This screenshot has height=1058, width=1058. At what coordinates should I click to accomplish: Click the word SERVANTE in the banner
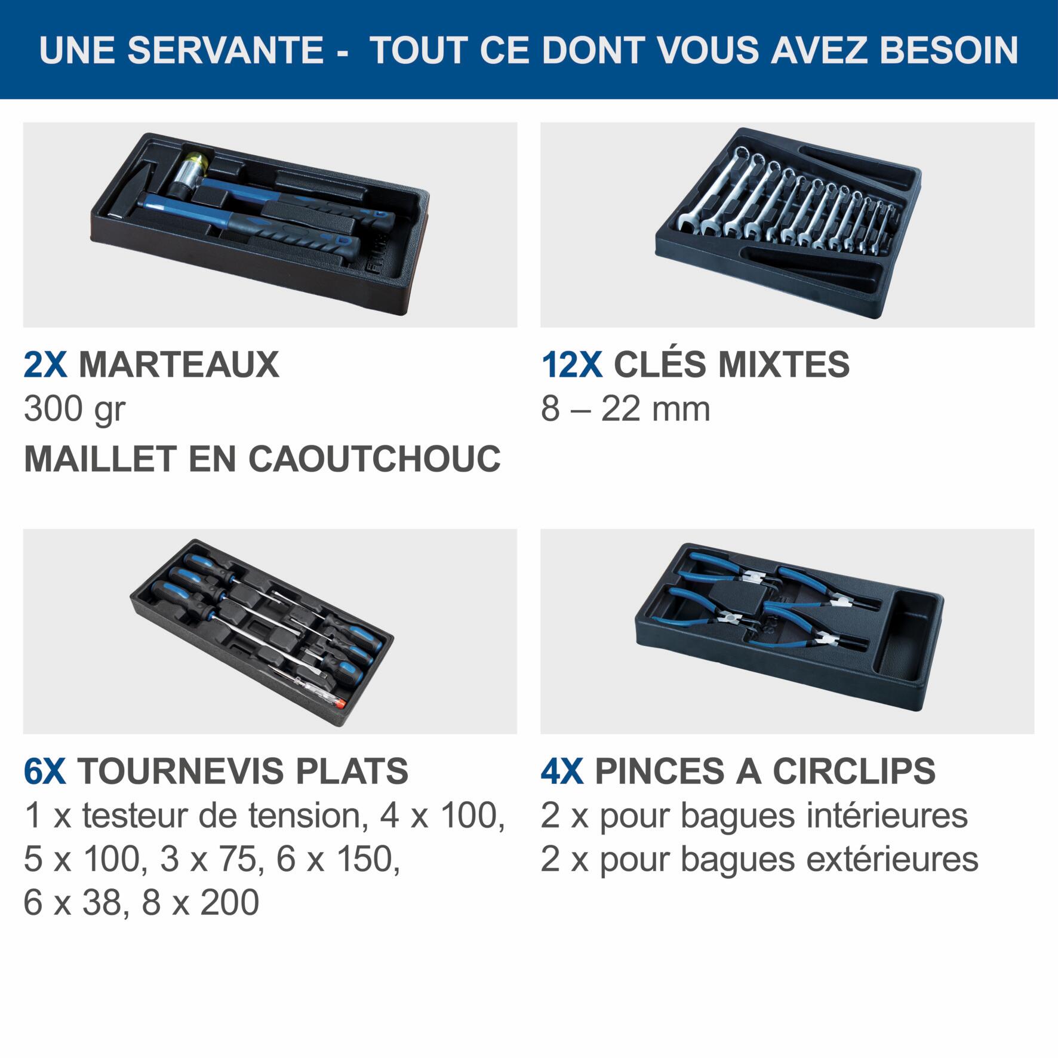click(x=225, y=50)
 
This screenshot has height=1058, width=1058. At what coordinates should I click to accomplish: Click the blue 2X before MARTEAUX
click(x=45, y=364)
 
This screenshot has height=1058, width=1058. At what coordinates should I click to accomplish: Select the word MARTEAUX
click(x=179, y=364)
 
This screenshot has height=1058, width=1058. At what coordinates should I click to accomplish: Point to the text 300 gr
click(x=75, y=410)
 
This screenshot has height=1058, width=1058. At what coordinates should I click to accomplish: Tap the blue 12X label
click(x=571, y=364)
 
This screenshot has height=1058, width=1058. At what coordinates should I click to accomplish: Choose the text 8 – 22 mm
click(x=625, y=410)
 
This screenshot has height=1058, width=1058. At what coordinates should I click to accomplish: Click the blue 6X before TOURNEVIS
click(x=45, y=771)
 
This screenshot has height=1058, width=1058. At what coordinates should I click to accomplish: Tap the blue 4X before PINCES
click(x=562, y=771)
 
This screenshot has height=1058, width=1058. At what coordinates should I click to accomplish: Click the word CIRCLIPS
click(x=854, y=771)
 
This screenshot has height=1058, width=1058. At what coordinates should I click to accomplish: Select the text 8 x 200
click(x=200, y=902)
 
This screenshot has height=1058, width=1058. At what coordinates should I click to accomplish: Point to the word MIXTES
click(x=783, y=364)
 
